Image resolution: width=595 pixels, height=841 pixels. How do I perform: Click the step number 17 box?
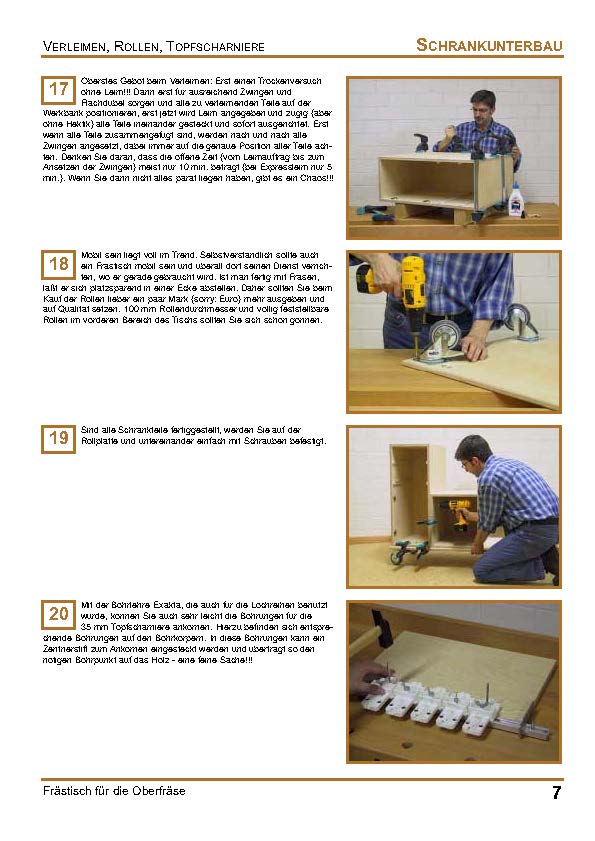(x=58, y=90)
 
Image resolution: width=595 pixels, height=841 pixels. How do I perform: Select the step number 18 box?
(x=58, y=265)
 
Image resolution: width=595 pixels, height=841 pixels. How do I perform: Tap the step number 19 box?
(x=58, y=438)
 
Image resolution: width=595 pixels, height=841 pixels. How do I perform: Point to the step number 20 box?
(x=58, y=613)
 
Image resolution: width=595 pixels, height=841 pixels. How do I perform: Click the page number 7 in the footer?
(x=556, y=793)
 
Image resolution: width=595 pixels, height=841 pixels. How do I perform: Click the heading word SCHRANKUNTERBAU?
(x=489, y=45)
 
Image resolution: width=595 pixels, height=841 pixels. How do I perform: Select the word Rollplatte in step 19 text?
(x=100, y=441)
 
